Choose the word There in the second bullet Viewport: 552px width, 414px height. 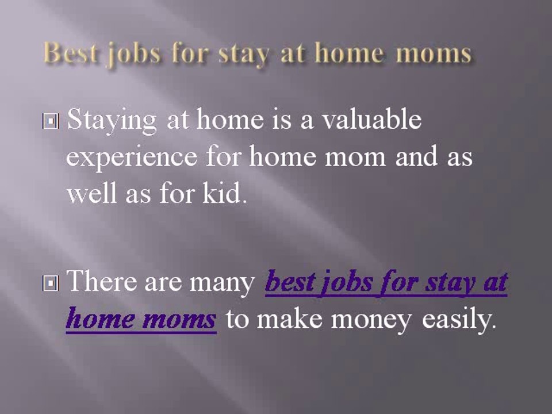tap(102, 282)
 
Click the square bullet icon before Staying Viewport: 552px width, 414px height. tap(51, 122)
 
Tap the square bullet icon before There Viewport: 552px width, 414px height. tap(51, 283)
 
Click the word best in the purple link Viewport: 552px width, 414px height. tap(288, 283)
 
